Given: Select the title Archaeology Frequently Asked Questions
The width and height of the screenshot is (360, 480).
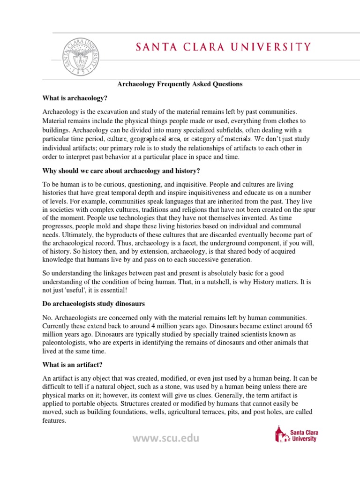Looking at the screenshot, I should coord(180,84).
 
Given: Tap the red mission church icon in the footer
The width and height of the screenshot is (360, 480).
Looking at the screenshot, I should coord(280,434).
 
